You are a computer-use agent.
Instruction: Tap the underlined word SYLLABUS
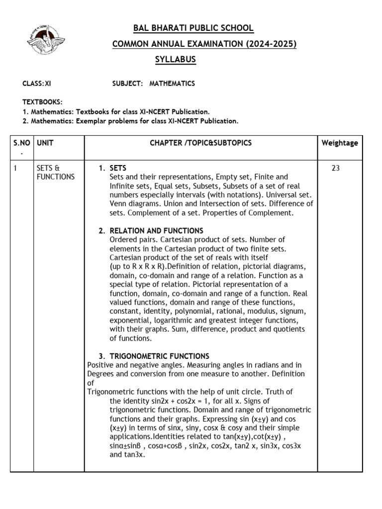[x=176, y=60]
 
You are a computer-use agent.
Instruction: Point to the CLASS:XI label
[x=36, y=84]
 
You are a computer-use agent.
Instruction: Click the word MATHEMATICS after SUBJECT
[x=172, y=84]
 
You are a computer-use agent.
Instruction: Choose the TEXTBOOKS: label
[x=42, y=102]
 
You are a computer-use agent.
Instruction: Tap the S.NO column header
[x=21, y=143]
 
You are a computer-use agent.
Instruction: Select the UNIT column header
[x=45, y=143]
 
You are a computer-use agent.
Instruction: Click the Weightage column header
[x=340, y=143]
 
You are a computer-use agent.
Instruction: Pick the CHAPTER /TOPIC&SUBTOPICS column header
[x=201, y=143]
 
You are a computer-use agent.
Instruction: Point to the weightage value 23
[x=336, y=168]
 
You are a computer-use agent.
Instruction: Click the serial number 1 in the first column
[x=15, y=168]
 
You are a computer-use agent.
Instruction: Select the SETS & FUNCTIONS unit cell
[x=56, y=172]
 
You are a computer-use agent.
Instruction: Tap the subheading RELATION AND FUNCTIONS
[x=156, y=231]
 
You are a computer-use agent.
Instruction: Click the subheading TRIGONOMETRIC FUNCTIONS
[x=159, y=356]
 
